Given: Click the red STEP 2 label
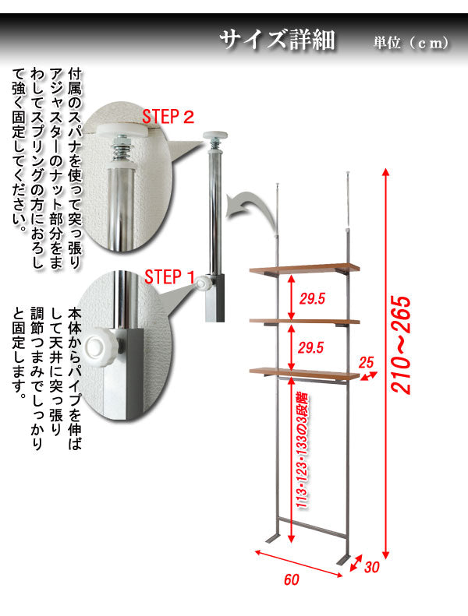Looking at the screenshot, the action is point(168,117).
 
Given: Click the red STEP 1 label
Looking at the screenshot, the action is point(169,277).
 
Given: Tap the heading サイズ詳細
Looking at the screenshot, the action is point(277,39).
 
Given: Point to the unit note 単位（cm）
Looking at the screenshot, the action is point(411,42).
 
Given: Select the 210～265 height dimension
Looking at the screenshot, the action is point(401,345).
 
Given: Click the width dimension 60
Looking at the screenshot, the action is point(292,579).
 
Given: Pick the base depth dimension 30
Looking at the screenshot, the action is point(371,567).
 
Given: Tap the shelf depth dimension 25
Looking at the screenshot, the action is point(366,362).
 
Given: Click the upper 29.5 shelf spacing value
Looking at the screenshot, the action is point(312,298).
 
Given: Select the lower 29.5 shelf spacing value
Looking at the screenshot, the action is point(310,347).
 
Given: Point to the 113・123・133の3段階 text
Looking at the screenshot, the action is point(303,451).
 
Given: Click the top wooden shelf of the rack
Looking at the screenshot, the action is point(304,268).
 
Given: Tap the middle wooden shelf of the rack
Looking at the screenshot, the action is point(305,321).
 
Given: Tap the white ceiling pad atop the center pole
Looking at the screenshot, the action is point(215,136).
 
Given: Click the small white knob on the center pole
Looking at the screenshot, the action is point(202,283).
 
